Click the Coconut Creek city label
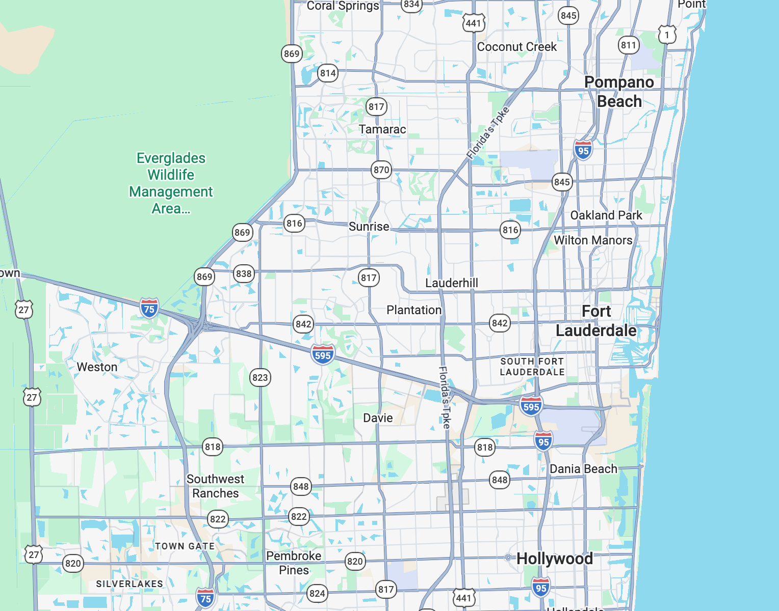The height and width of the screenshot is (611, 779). [x=516, y=47]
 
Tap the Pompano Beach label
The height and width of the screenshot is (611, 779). [x=619, y=92]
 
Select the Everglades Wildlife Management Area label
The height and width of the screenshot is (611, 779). [x=171, y=183]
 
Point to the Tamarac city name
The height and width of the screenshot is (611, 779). [x=382, y=129]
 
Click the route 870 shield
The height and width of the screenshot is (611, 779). [x=381, y=170]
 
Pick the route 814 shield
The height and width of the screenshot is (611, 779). [x=328, y=73]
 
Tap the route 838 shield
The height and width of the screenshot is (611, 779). [x=244, y=273]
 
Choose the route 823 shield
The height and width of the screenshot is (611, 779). [x=260, y=377]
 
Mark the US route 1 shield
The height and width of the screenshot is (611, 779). [x=667, y=35]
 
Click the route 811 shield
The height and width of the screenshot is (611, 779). [x=629, y=45]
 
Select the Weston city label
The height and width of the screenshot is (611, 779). [x=97, y=367]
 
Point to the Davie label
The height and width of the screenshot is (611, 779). [x=378, y=418]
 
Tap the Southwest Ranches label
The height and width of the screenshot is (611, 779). [x=215, y=486]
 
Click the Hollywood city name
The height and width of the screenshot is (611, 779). [x=554, y=559]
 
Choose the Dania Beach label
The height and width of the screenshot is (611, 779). [x=583, y=469]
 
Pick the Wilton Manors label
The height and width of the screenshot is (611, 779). [x=593, y=240]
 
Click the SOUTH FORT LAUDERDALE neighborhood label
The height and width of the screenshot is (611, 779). [x=532, y=367]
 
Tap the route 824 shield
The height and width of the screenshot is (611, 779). [x=317, y=593]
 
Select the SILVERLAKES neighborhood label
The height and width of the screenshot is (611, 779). [x=129, y=584]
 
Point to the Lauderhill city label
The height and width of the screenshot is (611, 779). [x=452, y=283]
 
